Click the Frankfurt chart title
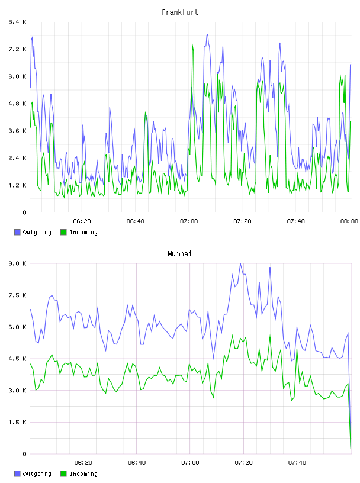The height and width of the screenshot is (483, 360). [180, 12]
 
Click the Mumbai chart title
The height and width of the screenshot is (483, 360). [179, 253]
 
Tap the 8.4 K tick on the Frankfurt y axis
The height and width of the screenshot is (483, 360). [18, 22]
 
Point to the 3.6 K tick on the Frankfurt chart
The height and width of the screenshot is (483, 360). [18, 131]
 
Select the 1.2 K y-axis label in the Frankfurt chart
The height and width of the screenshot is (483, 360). [18, 185]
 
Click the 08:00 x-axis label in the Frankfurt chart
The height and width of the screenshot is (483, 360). [349, 221]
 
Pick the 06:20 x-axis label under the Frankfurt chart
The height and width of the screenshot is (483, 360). [82, 221]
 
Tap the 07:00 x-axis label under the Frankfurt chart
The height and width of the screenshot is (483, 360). [189, 221]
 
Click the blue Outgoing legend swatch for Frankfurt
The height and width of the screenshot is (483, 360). [17, 232]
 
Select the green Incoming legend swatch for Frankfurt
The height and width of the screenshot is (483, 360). [63, 232]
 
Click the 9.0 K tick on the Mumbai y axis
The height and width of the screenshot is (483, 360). [18, 263]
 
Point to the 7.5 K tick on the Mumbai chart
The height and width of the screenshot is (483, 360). [18, 295]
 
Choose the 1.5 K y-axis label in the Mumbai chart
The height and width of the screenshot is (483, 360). [18, 422]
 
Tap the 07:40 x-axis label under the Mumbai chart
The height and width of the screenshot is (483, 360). [297, 462]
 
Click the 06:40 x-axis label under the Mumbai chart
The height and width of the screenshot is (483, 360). [137, 462]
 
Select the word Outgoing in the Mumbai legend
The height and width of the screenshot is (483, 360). [37, 474]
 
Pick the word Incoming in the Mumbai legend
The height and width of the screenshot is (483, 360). [83, 474]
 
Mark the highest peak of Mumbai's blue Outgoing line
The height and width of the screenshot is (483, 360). [240, 263]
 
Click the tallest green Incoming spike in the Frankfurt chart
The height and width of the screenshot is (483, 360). [192, 45]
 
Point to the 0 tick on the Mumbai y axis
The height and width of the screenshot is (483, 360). [24, 454]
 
